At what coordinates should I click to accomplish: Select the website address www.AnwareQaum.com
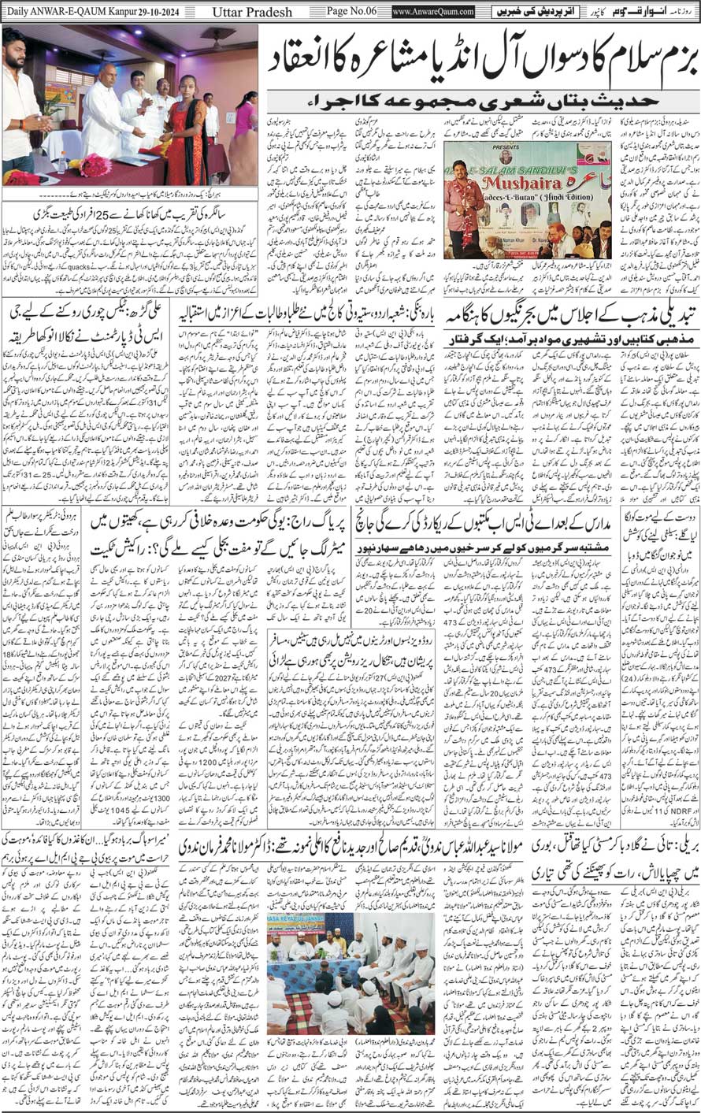click(434, 12)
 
